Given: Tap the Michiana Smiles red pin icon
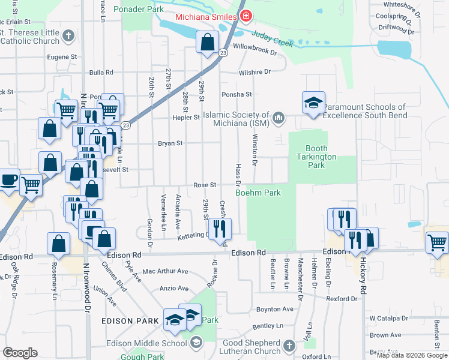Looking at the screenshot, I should [245, 16].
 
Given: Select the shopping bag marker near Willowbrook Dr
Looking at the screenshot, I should [207, 43].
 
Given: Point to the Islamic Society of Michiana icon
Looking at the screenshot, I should [278, 118].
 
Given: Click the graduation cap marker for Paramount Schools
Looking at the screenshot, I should [313, 103].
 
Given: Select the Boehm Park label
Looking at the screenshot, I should [258, 193].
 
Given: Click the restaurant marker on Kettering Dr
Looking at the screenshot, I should [220, 227].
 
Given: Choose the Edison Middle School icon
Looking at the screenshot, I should [196, 343].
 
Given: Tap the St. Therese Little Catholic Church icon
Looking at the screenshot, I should [68, 35].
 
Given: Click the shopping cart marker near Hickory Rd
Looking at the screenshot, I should [437, 243].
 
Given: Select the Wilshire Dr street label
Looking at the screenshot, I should [255, 71].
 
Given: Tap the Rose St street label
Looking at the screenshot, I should [204, 185].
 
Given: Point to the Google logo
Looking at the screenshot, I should [20, 353].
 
